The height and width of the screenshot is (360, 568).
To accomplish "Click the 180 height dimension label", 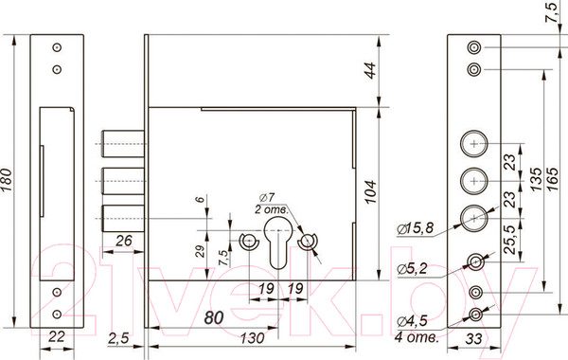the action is tap(7, 179).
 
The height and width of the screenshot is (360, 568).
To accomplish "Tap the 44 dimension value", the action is tap(370, 71).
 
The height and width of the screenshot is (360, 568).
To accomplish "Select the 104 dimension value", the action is tap(370, 191).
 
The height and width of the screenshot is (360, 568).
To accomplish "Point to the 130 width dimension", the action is tap(252, 338).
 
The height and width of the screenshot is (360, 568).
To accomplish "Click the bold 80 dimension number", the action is tap(213, 317).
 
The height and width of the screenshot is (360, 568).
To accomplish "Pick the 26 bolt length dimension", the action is tap(123, 241).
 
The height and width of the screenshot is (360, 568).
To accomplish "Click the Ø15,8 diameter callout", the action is tap(415, 228).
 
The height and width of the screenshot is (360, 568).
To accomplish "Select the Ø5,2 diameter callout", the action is tap(412, 269).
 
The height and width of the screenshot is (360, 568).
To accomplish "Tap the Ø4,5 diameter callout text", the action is tap(412, 321).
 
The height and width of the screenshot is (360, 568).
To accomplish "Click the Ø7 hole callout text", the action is tap(267, 198).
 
